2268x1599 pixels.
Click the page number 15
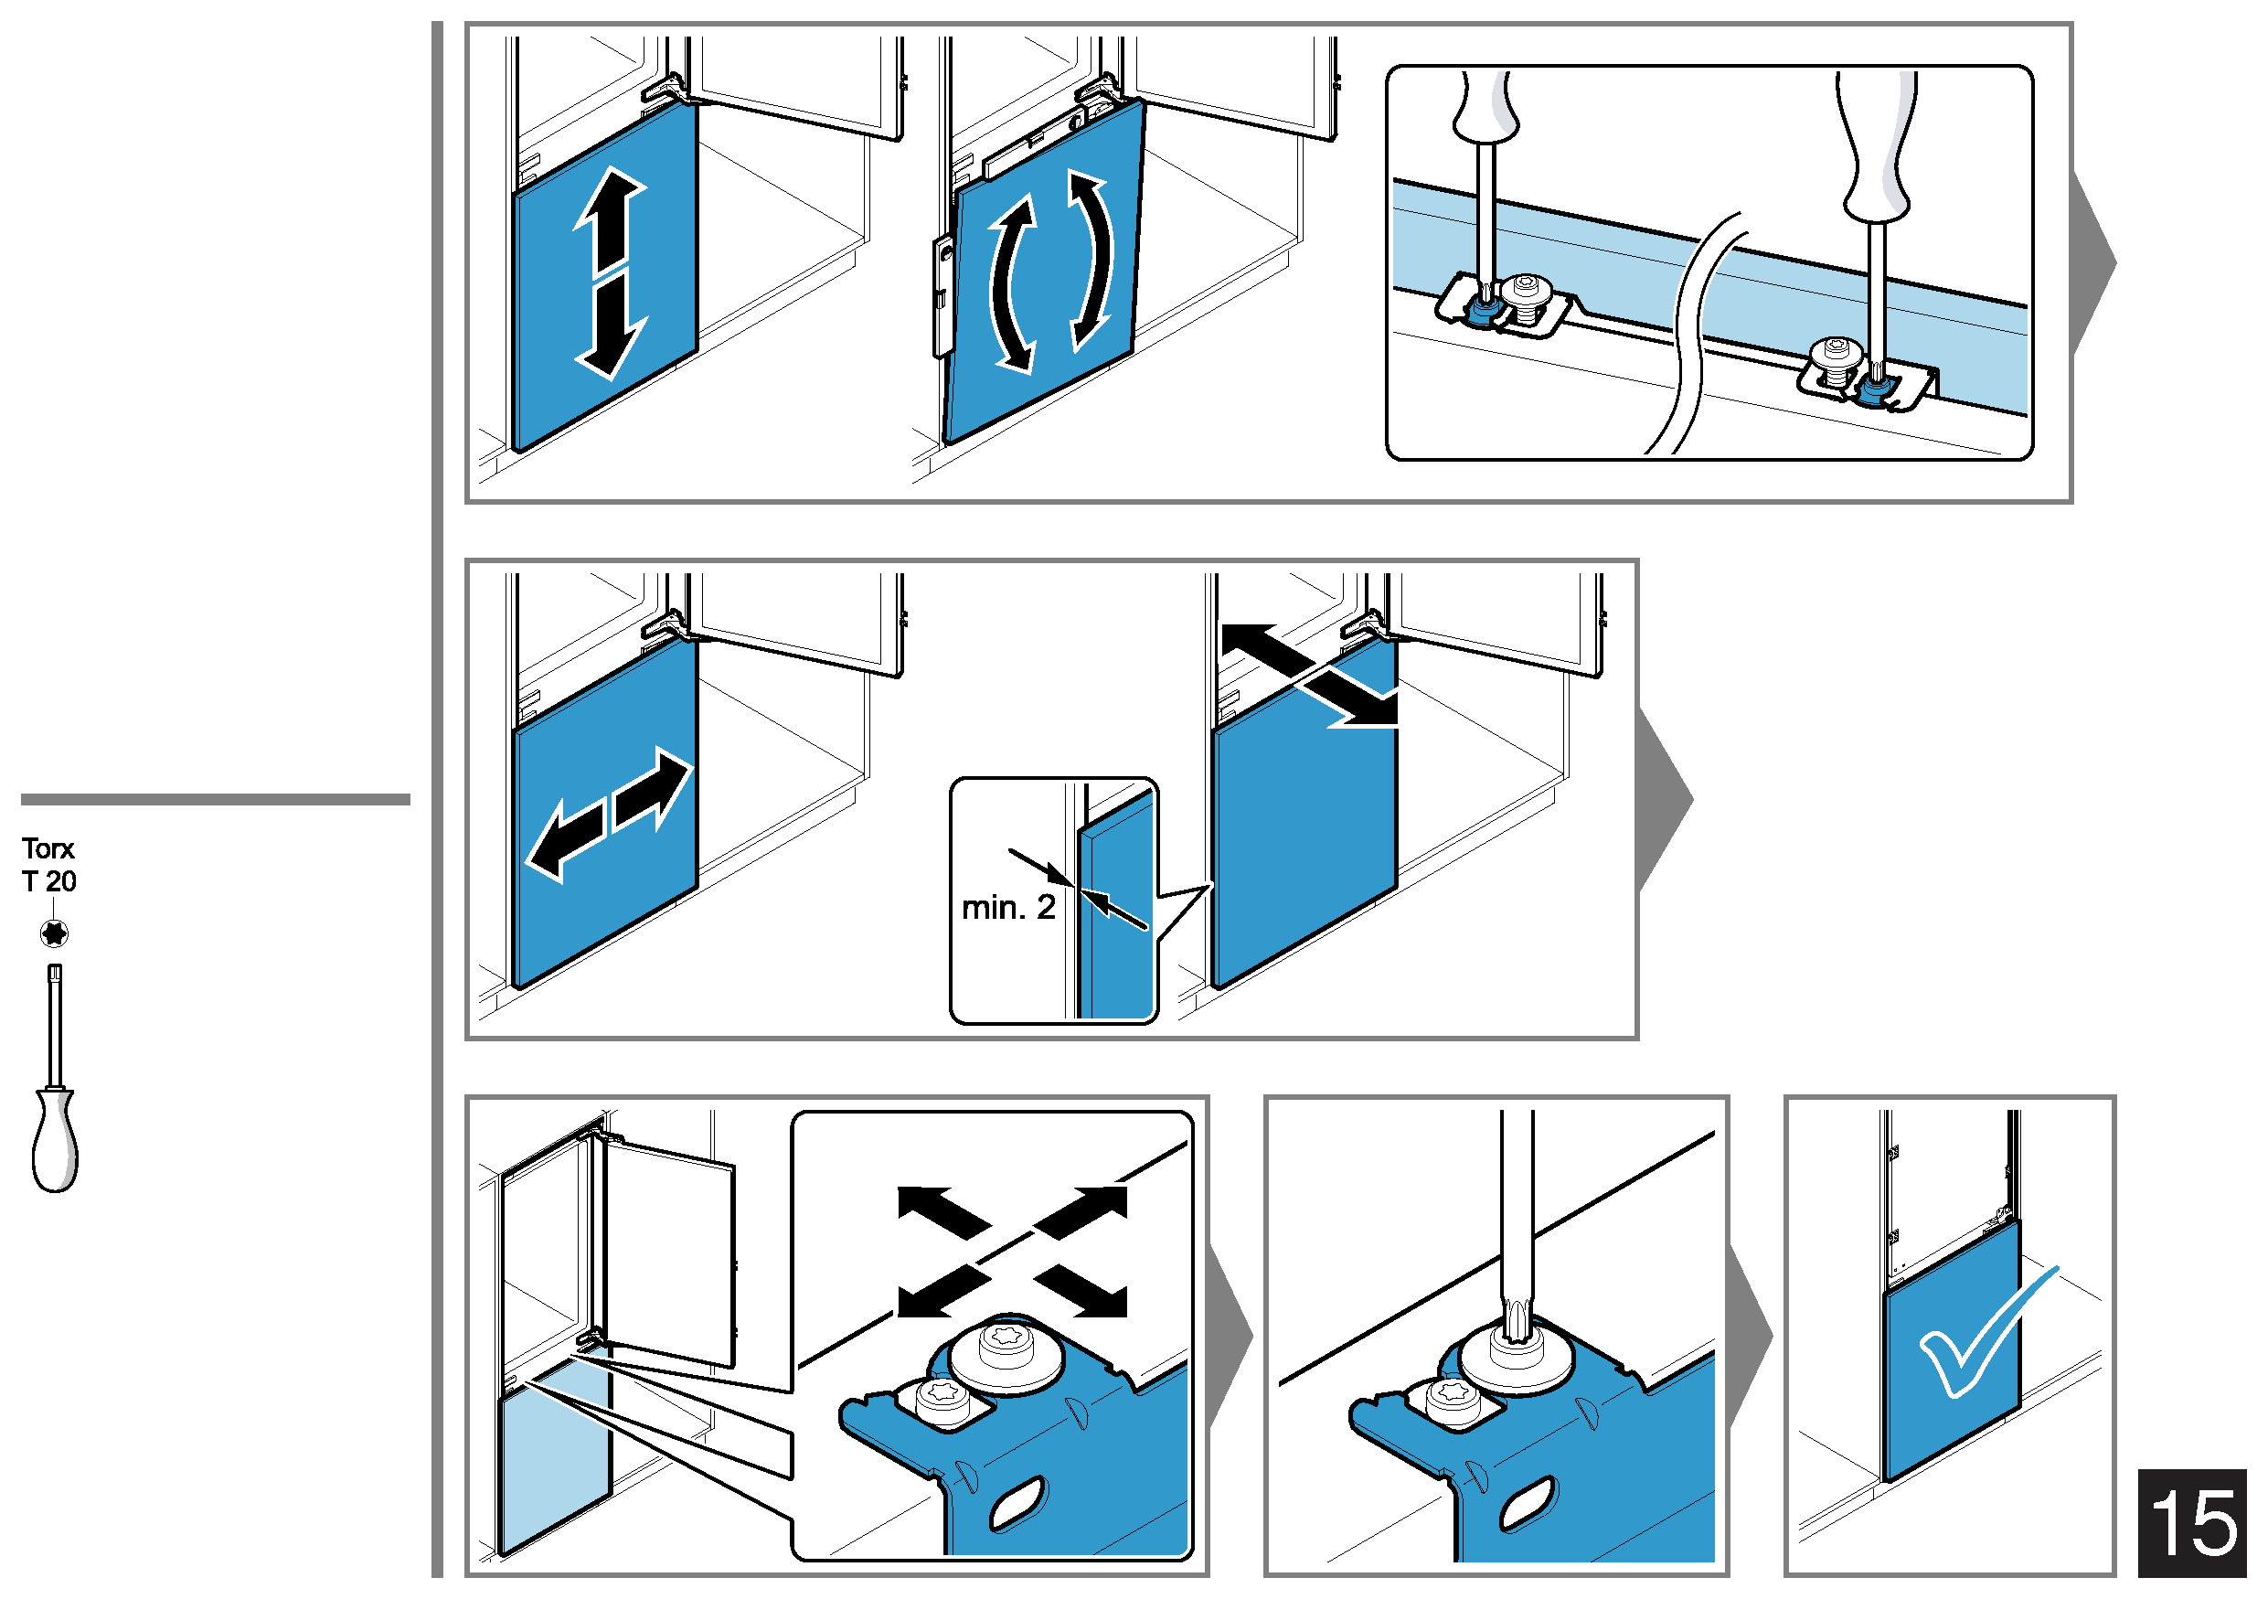point(2192,1522)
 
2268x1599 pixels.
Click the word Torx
point(48,848)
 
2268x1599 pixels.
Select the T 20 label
point(48,881)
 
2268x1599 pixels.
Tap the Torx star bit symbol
point(54,933)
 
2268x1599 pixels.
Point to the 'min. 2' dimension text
point(1008,907)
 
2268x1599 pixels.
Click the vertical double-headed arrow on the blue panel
point(611,273)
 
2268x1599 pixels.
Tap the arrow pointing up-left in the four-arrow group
point(943,1213)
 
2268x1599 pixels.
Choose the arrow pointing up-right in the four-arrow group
point(1080,1213)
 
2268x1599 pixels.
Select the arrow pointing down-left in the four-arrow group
point(943,1292)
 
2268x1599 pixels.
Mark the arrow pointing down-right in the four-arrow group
point(1080,1292)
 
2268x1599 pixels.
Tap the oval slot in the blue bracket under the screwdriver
point(1528,1503)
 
